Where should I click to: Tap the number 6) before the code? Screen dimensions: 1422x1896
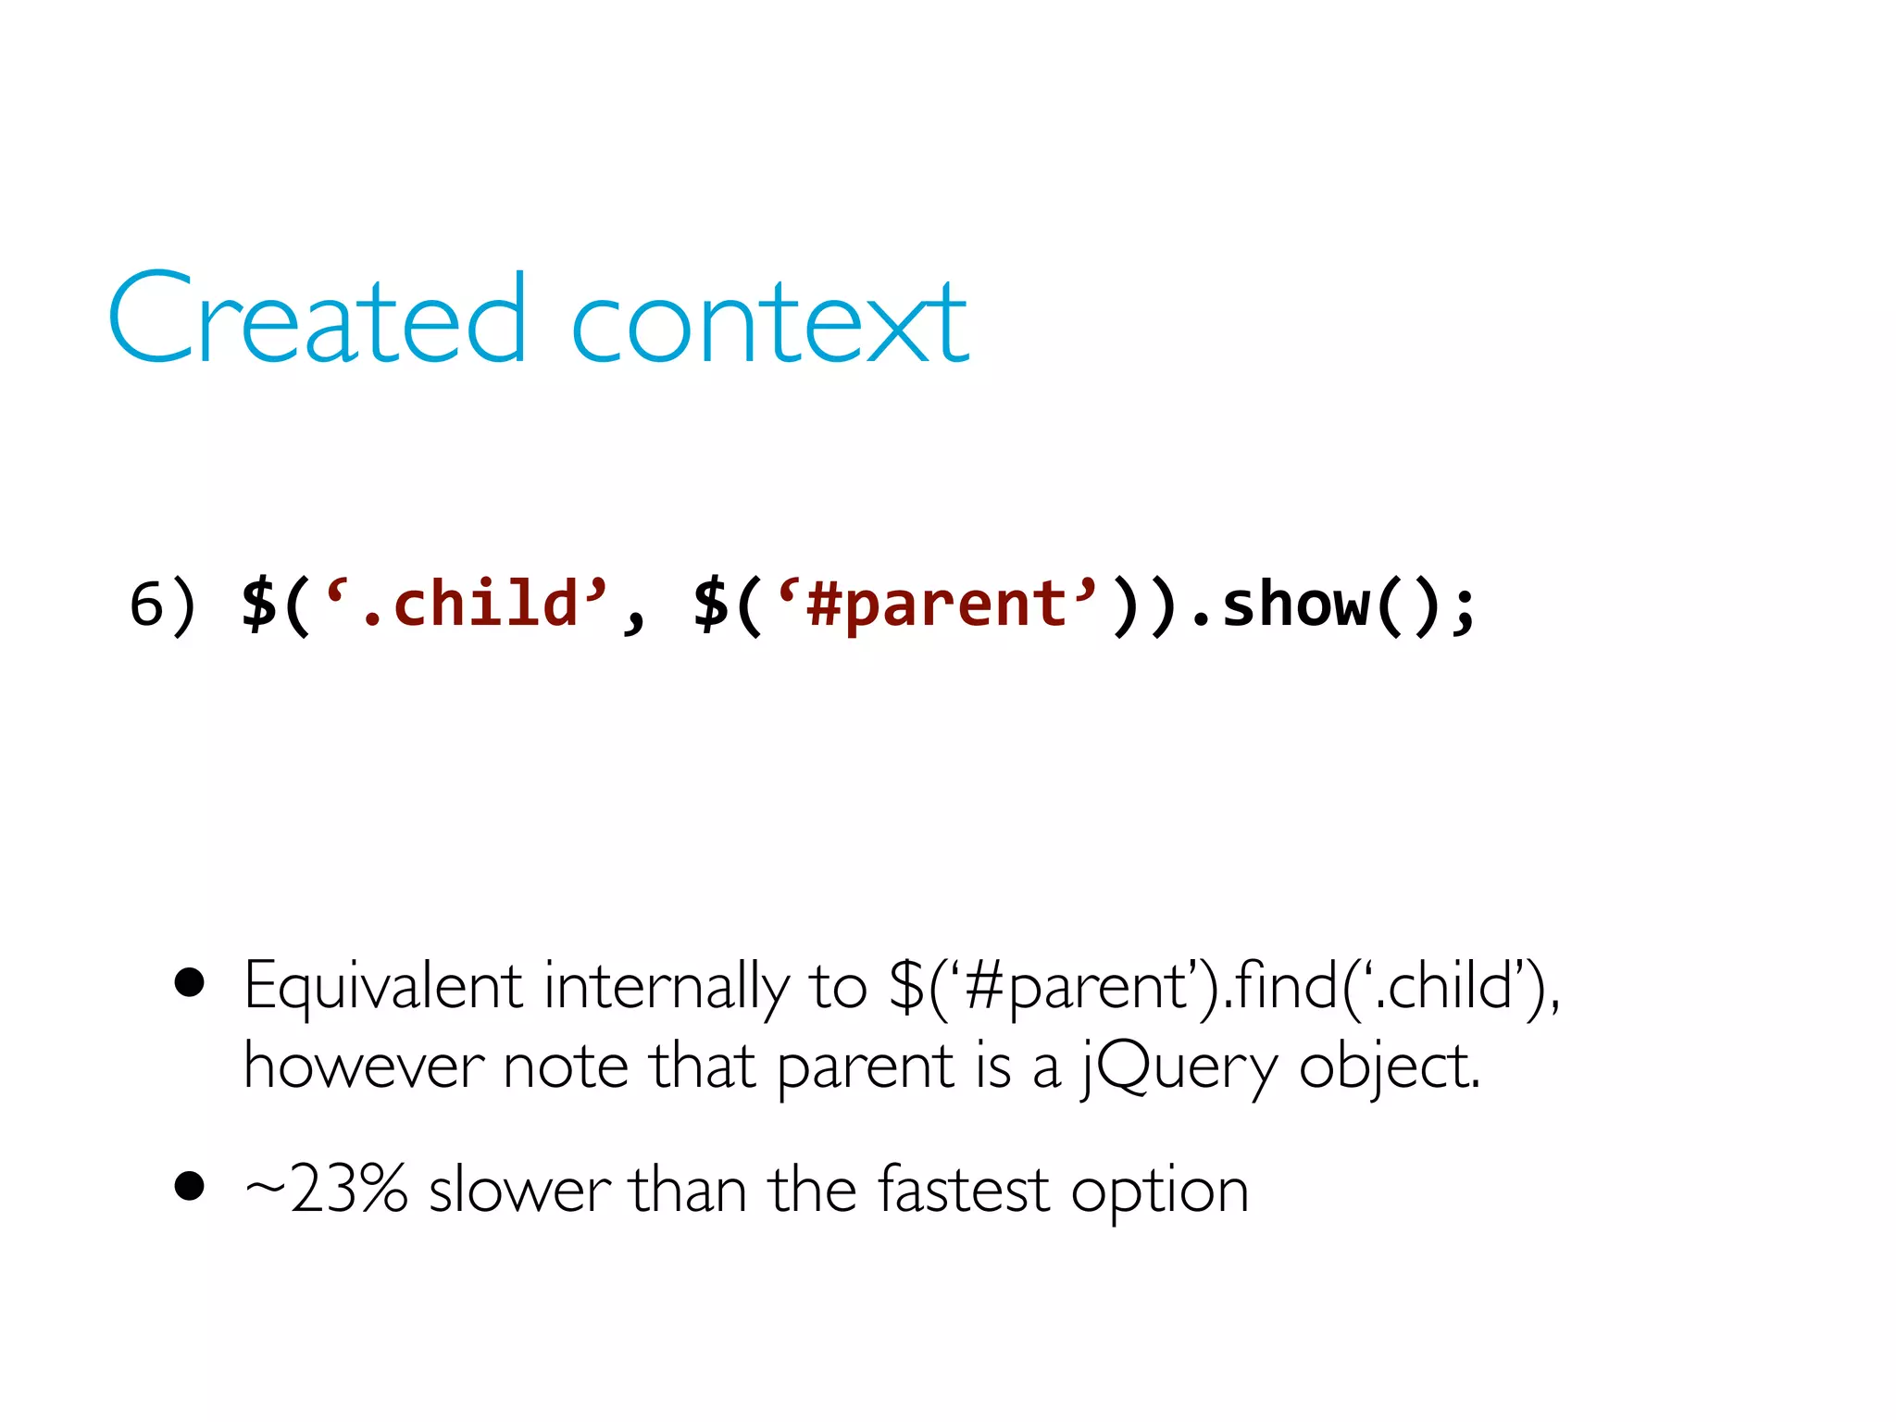[162, 605]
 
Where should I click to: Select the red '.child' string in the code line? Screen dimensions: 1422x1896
[468, 604]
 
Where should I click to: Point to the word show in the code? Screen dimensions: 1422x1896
[1295, 604]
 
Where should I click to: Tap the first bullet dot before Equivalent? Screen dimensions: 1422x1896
[189, 983]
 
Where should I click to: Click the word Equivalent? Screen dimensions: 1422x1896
[383, 987]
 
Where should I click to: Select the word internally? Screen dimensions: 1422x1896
[667, 987]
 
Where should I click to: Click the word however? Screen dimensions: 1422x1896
[363, 1066]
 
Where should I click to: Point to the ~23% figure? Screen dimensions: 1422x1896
[326, 1189]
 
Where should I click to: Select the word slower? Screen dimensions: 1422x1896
[519, 1189]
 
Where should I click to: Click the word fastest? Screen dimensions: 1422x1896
[964, 1189]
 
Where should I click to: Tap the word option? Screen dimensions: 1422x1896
[1160, 1192]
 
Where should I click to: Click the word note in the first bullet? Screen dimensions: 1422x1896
[565, 1066]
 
